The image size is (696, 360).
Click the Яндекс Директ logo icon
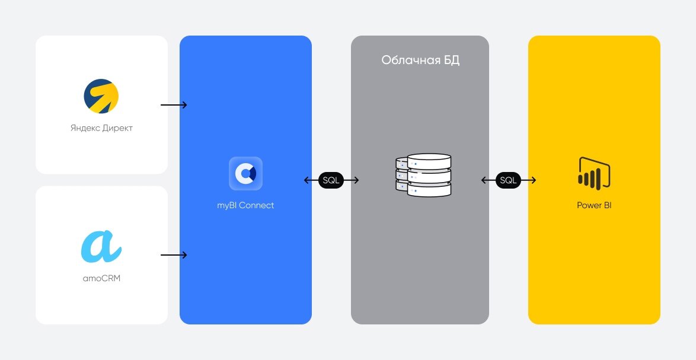coord(101,96)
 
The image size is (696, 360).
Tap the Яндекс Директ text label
coord(101,128)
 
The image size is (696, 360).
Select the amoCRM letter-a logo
coord(101,247)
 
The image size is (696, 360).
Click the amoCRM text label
coord(101,278)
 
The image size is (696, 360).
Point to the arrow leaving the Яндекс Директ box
coord(174,105)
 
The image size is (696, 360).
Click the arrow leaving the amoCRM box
coord(174,255)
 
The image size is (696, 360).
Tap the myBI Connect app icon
coord(245,173)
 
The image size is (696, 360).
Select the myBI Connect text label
coord(245,206)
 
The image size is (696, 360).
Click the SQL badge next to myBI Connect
coord(331,180)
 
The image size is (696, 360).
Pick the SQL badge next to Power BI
coord(508,180)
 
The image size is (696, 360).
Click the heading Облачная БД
coord(420,60)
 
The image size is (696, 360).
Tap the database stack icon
coord(423,176)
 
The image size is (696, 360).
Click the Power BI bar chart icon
coord(593,173)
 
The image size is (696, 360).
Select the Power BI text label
coord(593,206)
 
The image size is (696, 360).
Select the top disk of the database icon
coord(429,161)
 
